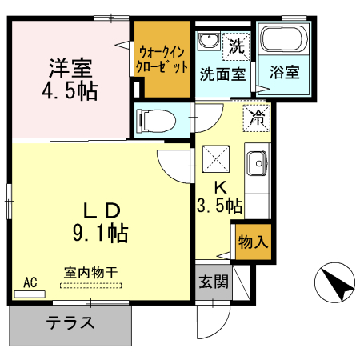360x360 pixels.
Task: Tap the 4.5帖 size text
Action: coord(70,90)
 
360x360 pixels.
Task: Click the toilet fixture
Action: coord(156,120)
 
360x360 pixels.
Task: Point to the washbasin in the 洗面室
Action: coord(210,42)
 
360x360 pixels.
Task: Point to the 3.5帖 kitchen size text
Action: coord(219,205)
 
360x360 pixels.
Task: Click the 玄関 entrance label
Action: coord(214,282)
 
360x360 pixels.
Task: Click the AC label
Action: coord(30,282)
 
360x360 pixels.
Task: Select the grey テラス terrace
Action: coord(70,324)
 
